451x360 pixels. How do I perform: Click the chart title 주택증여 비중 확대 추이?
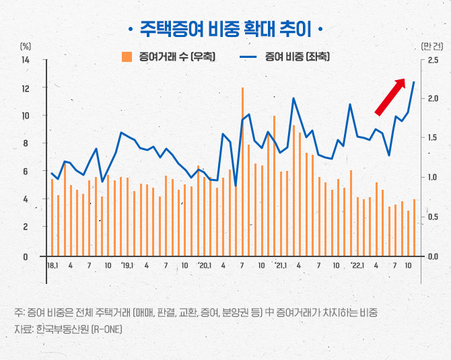coord(225,28)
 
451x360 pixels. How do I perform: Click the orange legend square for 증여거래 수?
coord(126,57)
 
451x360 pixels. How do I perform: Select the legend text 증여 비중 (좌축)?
coord(297,57)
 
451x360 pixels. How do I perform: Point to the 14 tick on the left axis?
coord(26,60)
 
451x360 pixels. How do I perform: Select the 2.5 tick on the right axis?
coord(433,60)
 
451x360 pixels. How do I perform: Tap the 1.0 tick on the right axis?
coord(433,178)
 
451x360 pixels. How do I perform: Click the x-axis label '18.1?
coord(52,265)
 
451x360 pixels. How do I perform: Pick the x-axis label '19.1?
coord(127,265)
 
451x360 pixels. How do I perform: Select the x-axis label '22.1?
coord(357,265)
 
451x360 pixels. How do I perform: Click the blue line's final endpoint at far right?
coord(414,82)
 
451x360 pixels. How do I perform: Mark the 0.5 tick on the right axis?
coord(433,217)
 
